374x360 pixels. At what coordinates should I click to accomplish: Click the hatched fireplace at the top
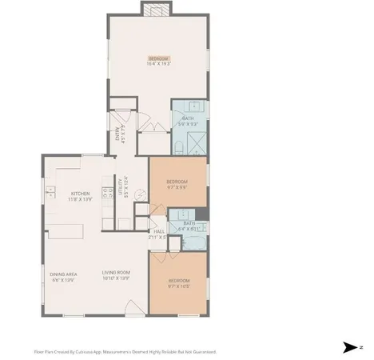(x=155, y=9)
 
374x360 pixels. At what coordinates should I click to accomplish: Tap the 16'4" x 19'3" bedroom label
(x=158, y=60)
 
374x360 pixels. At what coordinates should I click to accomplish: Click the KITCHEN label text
(x=81, y=195)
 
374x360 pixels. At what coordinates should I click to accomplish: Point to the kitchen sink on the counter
(x=50, y=193)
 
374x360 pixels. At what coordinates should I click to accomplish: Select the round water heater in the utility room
(x=137, y=193)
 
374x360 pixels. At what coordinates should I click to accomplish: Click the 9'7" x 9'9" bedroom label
(x=177, y=185)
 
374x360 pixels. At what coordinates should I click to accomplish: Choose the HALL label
(x=158, y=234)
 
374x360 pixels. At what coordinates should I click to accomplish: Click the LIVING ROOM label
(x=115, y=278)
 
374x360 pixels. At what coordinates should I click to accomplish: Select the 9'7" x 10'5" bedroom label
(x=179, y=282)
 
